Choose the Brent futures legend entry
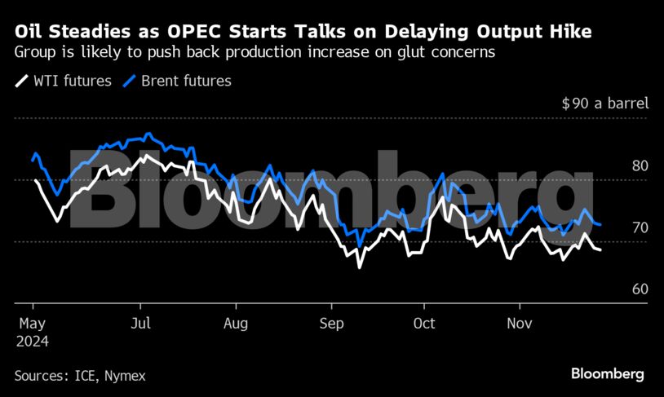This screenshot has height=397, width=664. tap(177, 81)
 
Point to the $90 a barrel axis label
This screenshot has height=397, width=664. tap(604, 104)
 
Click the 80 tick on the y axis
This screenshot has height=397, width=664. tap(640, 165)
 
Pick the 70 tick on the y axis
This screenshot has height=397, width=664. tap(640, 227)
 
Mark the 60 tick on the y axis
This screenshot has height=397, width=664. tap(640, 289)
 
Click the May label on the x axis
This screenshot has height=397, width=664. tap(30, 323)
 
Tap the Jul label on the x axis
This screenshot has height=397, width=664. tap(141, 323)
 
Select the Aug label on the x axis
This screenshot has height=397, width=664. tap(235, 323)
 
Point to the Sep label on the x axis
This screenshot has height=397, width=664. tap(330, 323)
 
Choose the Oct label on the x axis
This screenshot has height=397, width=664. tap(424, 323)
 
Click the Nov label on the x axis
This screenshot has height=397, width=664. tap(519, 323)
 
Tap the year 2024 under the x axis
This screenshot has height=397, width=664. tap(32, 341)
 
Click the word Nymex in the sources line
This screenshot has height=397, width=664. tap(127, 376)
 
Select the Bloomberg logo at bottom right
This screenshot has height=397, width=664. tap(607, 374)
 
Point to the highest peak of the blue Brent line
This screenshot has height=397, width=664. tap(148, 134)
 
